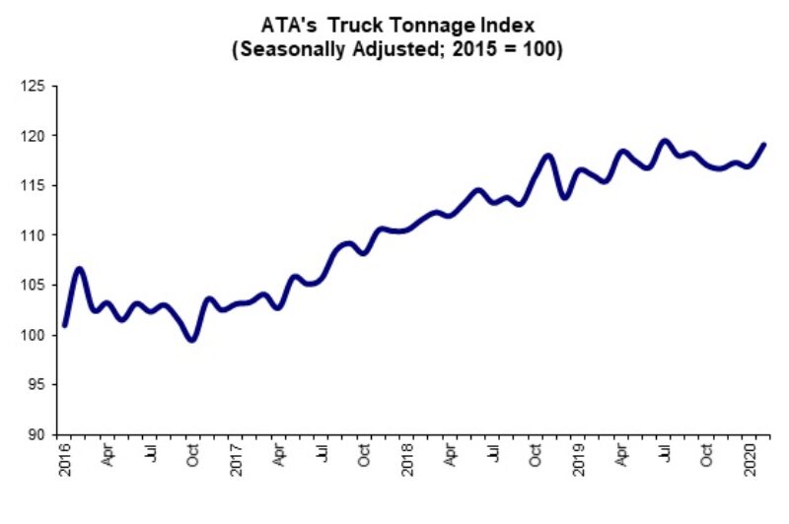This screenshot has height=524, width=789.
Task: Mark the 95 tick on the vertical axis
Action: click(x=37, y=384)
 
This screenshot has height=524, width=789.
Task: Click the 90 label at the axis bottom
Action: click(x=37, y=434)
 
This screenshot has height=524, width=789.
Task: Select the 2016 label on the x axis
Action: click(x=65, y=460)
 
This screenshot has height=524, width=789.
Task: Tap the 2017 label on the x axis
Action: click(x=237, y=460)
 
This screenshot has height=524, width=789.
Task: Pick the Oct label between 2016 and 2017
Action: click(x=194, y=456)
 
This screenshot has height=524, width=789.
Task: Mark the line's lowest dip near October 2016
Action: click(x=192, y=339)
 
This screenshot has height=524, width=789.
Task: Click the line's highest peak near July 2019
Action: click(x=664, y=141)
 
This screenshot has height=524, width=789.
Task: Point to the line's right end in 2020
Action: click(x=764, y=145)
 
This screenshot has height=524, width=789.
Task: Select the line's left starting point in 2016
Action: click(x=65, y=324)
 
